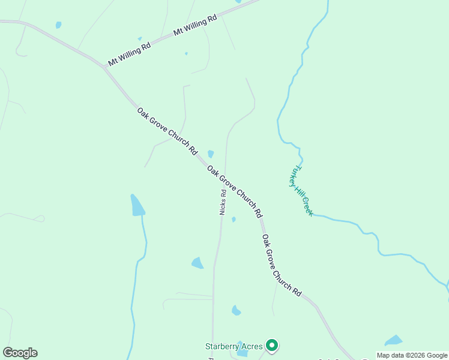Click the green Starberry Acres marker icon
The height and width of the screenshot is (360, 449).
click(272, 345)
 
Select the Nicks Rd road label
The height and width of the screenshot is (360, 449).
click(223, 203)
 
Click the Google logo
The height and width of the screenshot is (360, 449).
click(20, 353)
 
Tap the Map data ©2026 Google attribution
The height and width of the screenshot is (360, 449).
click(412, 355)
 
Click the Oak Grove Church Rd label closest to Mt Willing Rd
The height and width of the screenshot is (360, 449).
click(167, 131)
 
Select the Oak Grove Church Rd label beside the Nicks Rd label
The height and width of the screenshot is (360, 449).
click(235, 191)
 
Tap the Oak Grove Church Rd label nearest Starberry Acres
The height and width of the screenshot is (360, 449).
click(281, 265)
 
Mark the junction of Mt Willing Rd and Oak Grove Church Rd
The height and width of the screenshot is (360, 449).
click(104, 66)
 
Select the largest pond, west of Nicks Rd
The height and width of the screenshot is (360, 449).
click(137, 206)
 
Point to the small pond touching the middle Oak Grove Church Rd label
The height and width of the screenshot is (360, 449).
click(211, 154)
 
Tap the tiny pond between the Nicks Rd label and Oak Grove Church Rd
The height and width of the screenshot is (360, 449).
click(234, 220)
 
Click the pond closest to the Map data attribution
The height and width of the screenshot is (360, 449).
click(394, 341)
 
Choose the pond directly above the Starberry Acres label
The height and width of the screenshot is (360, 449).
click(236, 310)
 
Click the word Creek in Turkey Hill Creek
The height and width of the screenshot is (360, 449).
click(307, 206)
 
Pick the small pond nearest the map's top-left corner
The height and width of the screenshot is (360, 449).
click(58, 25)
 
